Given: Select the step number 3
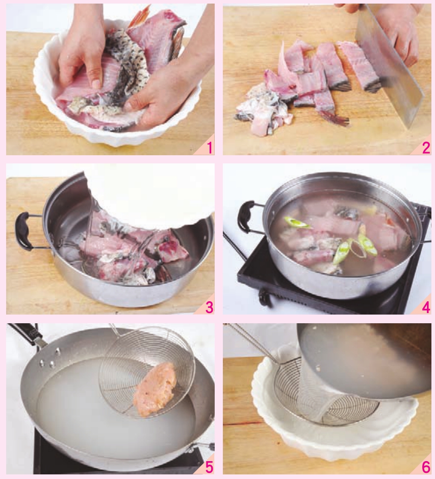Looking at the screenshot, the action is click(209, 307).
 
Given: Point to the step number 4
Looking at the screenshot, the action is click(426, 307).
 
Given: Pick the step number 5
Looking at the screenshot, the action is click(209, 467).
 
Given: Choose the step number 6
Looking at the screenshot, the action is click(426, 467).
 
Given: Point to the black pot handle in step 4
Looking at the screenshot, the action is click(246, 217).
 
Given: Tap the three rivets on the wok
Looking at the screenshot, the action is click(50, 357).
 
